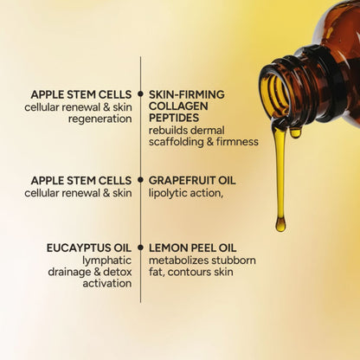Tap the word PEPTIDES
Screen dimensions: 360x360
click(x=173, y=118)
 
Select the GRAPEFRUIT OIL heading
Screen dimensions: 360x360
click(x=192, y=180)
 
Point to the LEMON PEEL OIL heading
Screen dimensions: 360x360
click(x=190, y=247)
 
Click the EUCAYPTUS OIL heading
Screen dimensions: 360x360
click(x=89, y=247)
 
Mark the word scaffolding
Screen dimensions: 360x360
click(x=180, y=142)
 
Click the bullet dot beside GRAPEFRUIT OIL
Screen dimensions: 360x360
click(x=140, y=180)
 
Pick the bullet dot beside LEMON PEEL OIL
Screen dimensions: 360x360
click(x=140, y=247)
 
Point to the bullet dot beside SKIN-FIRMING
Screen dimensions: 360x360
click(x=140, y=93)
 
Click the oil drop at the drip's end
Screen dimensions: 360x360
click(x=280, y=223)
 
